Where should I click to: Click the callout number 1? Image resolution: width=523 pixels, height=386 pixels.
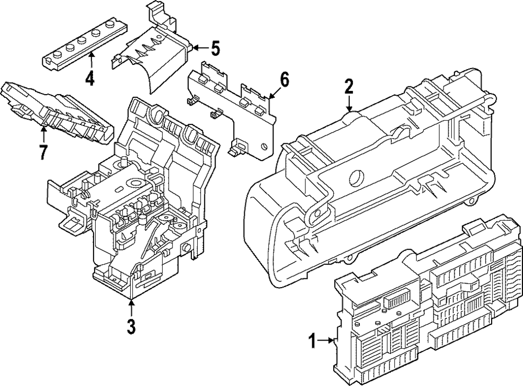(312, 342)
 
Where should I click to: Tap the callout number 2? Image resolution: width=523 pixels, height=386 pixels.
(349, 86)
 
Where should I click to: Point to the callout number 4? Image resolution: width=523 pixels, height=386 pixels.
(90, 79)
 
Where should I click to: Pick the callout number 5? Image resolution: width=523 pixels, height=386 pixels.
(214, 49)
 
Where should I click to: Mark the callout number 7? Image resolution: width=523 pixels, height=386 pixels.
(43, 152)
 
